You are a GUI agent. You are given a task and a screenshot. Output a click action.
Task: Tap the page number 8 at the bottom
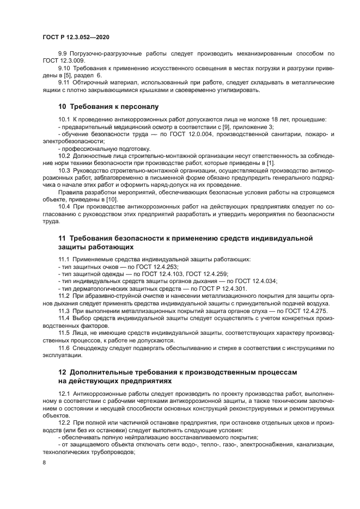tap(45, 462)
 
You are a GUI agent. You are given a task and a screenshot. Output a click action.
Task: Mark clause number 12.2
tap(65, 422)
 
